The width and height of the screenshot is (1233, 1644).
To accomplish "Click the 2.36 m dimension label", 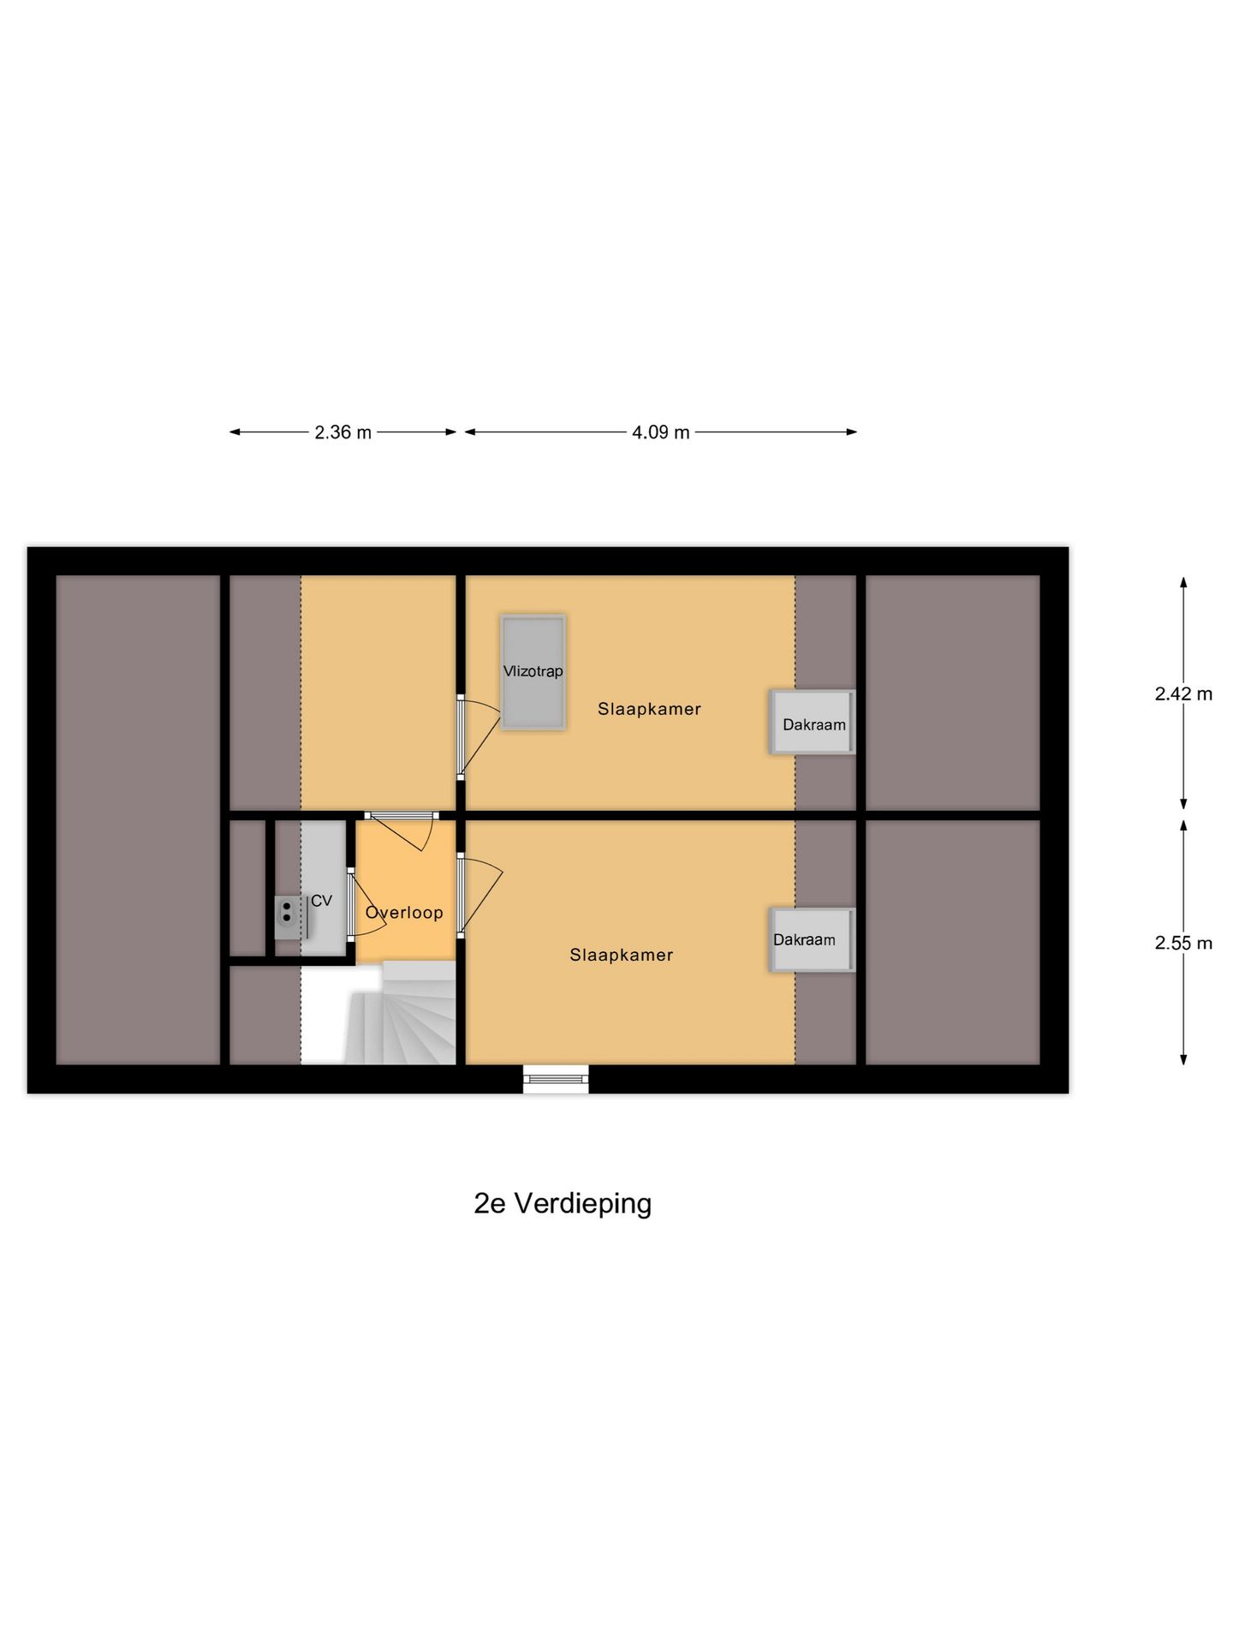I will point(342,432).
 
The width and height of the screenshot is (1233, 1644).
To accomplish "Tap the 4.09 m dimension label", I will point(660,432).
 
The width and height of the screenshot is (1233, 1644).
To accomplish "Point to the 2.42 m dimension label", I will point(1183,694).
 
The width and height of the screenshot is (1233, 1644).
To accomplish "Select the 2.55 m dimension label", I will point(1183,943).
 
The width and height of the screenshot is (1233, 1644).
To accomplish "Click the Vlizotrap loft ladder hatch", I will point(533,672).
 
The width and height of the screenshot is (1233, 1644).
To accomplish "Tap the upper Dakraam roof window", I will point(813,722).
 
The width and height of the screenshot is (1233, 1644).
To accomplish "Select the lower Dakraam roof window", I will point(813,939).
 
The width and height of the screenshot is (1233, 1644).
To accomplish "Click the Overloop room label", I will point(404,913).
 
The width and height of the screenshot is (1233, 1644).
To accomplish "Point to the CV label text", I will point(321,901).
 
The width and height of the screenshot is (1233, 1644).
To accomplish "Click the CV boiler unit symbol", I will point(288,912).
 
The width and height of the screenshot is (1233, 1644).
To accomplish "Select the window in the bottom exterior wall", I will point(556,1078).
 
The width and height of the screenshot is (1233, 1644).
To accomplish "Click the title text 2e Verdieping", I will point(563,1203).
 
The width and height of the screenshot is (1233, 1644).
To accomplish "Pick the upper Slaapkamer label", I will point(649,709).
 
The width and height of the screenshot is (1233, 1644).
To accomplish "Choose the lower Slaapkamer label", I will point(621,955).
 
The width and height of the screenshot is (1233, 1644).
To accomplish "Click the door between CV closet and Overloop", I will point(351,906).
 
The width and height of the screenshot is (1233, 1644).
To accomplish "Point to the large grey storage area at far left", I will point(137,819).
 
